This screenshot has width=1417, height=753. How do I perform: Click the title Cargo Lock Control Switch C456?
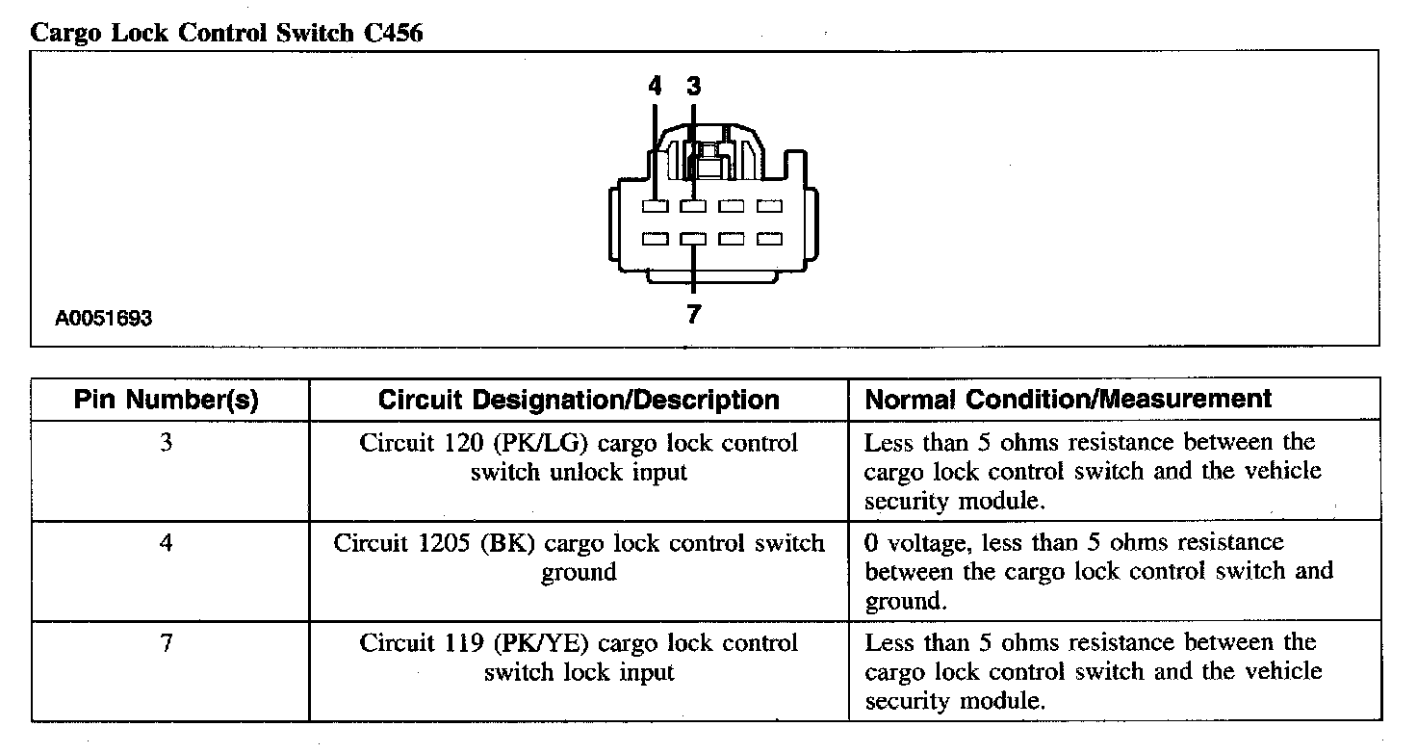point(227,32)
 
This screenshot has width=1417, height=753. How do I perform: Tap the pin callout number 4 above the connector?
point(656,87)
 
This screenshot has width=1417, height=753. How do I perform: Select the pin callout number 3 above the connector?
point(693,87)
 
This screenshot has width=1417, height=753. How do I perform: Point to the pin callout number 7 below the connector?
point(693,315)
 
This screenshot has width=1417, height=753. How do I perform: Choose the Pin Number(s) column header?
point(167,400)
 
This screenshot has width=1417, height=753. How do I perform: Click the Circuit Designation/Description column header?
point(579,400)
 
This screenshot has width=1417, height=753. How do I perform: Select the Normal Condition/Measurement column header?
point(1069,399)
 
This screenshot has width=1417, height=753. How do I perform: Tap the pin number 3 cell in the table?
point(167,444)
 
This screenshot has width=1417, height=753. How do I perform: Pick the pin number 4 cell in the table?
point(167,544)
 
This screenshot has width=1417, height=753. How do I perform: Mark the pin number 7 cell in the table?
point(167,643)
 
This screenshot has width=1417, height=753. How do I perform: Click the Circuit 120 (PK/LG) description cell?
point(579,458)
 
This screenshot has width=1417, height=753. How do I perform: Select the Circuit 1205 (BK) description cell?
point(579,558)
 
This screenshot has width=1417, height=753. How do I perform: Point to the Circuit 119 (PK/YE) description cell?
point(579,658)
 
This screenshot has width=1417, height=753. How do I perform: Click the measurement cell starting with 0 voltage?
point(1097,572)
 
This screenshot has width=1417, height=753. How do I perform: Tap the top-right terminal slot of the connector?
point(768,207)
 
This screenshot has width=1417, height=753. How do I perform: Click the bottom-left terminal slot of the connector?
point(656,239)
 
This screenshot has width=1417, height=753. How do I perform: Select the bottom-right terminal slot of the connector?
point(768,239)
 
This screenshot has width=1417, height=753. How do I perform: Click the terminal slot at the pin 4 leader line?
point(656,207)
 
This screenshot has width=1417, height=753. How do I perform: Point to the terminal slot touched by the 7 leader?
point(693,239)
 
